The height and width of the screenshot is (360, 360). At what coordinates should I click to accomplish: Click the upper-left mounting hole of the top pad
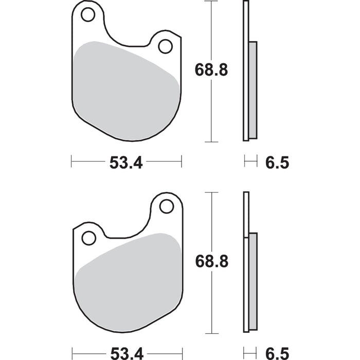coord(88,15)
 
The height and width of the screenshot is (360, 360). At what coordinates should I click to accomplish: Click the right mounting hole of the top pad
coord(165,46)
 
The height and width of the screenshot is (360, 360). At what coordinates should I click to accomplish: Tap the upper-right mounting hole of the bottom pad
coord(166,206)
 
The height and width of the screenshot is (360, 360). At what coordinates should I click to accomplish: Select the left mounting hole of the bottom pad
coord(89,238)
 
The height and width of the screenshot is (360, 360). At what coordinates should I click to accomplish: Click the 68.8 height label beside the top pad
coord(211,70)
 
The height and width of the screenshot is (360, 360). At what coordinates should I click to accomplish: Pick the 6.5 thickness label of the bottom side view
coord(277,354)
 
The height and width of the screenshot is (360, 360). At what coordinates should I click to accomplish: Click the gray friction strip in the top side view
coord(253,90)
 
